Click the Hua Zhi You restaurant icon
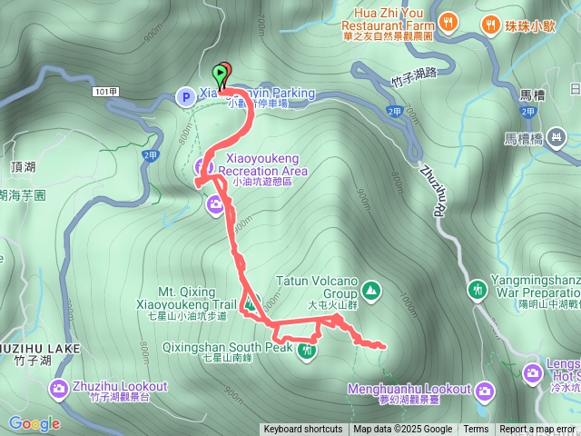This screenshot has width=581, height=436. pos(447,21)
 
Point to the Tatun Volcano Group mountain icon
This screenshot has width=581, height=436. pos(370,290)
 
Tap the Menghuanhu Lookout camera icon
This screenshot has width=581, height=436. pos(486,391)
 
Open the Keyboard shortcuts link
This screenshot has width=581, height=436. pos(303,430)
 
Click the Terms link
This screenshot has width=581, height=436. pos(476,430)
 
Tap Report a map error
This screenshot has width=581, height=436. pos(538,430)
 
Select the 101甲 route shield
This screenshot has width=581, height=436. pos(106,91)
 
